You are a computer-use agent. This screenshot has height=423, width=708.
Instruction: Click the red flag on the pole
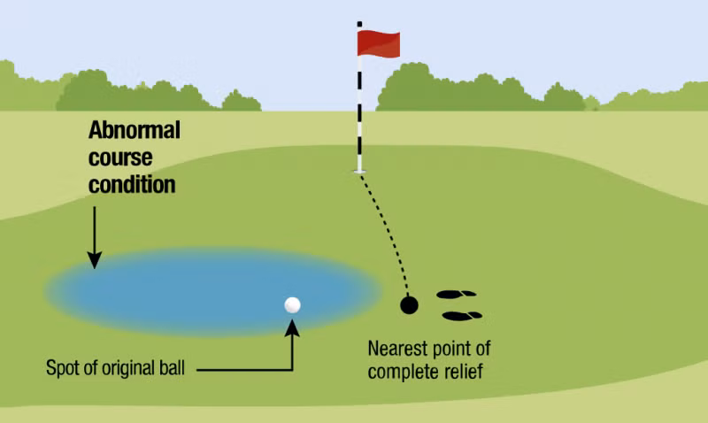click(x=379, y=42)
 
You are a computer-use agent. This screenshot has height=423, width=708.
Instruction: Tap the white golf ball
click(x=293, y=304)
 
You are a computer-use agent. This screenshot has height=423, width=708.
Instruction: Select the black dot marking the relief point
click(x=409, y=305)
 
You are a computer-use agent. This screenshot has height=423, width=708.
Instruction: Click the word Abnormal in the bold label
click(x=134, y=131)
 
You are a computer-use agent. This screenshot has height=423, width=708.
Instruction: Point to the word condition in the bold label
click(x=131, y=186)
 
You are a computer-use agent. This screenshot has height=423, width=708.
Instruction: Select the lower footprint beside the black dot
click(x=462, y=315)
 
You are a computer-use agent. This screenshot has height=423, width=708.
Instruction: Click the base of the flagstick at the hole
click(x=359, y=170)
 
